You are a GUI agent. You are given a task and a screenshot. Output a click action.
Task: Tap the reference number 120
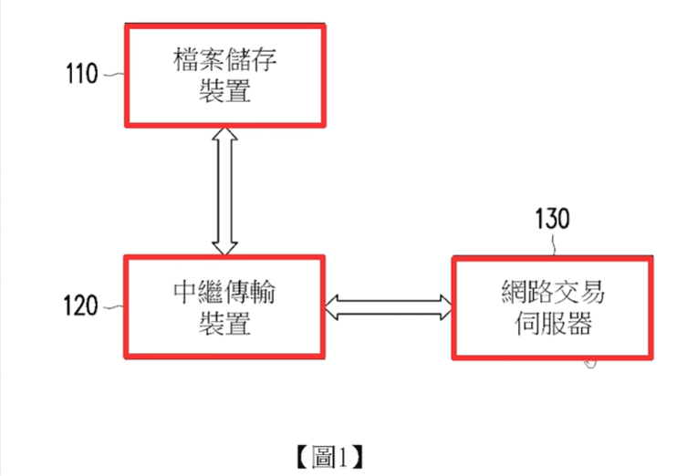(x=80, y=306)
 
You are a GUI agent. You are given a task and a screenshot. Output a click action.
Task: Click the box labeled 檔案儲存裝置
(x=224, y=76)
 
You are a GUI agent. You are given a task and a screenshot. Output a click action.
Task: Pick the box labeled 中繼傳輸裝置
(x=224, y=306)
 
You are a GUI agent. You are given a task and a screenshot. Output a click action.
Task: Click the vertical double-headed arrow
(x=224, y=191)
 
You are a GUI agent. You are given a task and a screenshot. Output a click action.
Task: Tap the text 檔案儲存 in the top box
(x=225, y=61)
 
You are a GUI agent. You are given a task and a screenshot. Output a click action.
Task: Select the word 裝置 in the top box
(x=225, y=91)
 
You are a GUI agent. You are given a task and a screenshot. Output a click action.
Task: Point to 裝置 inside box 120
(x=225, y=322)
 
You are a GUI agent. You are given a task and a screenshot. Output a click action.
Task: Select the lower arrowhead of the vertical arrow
(x=224, y=244)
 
